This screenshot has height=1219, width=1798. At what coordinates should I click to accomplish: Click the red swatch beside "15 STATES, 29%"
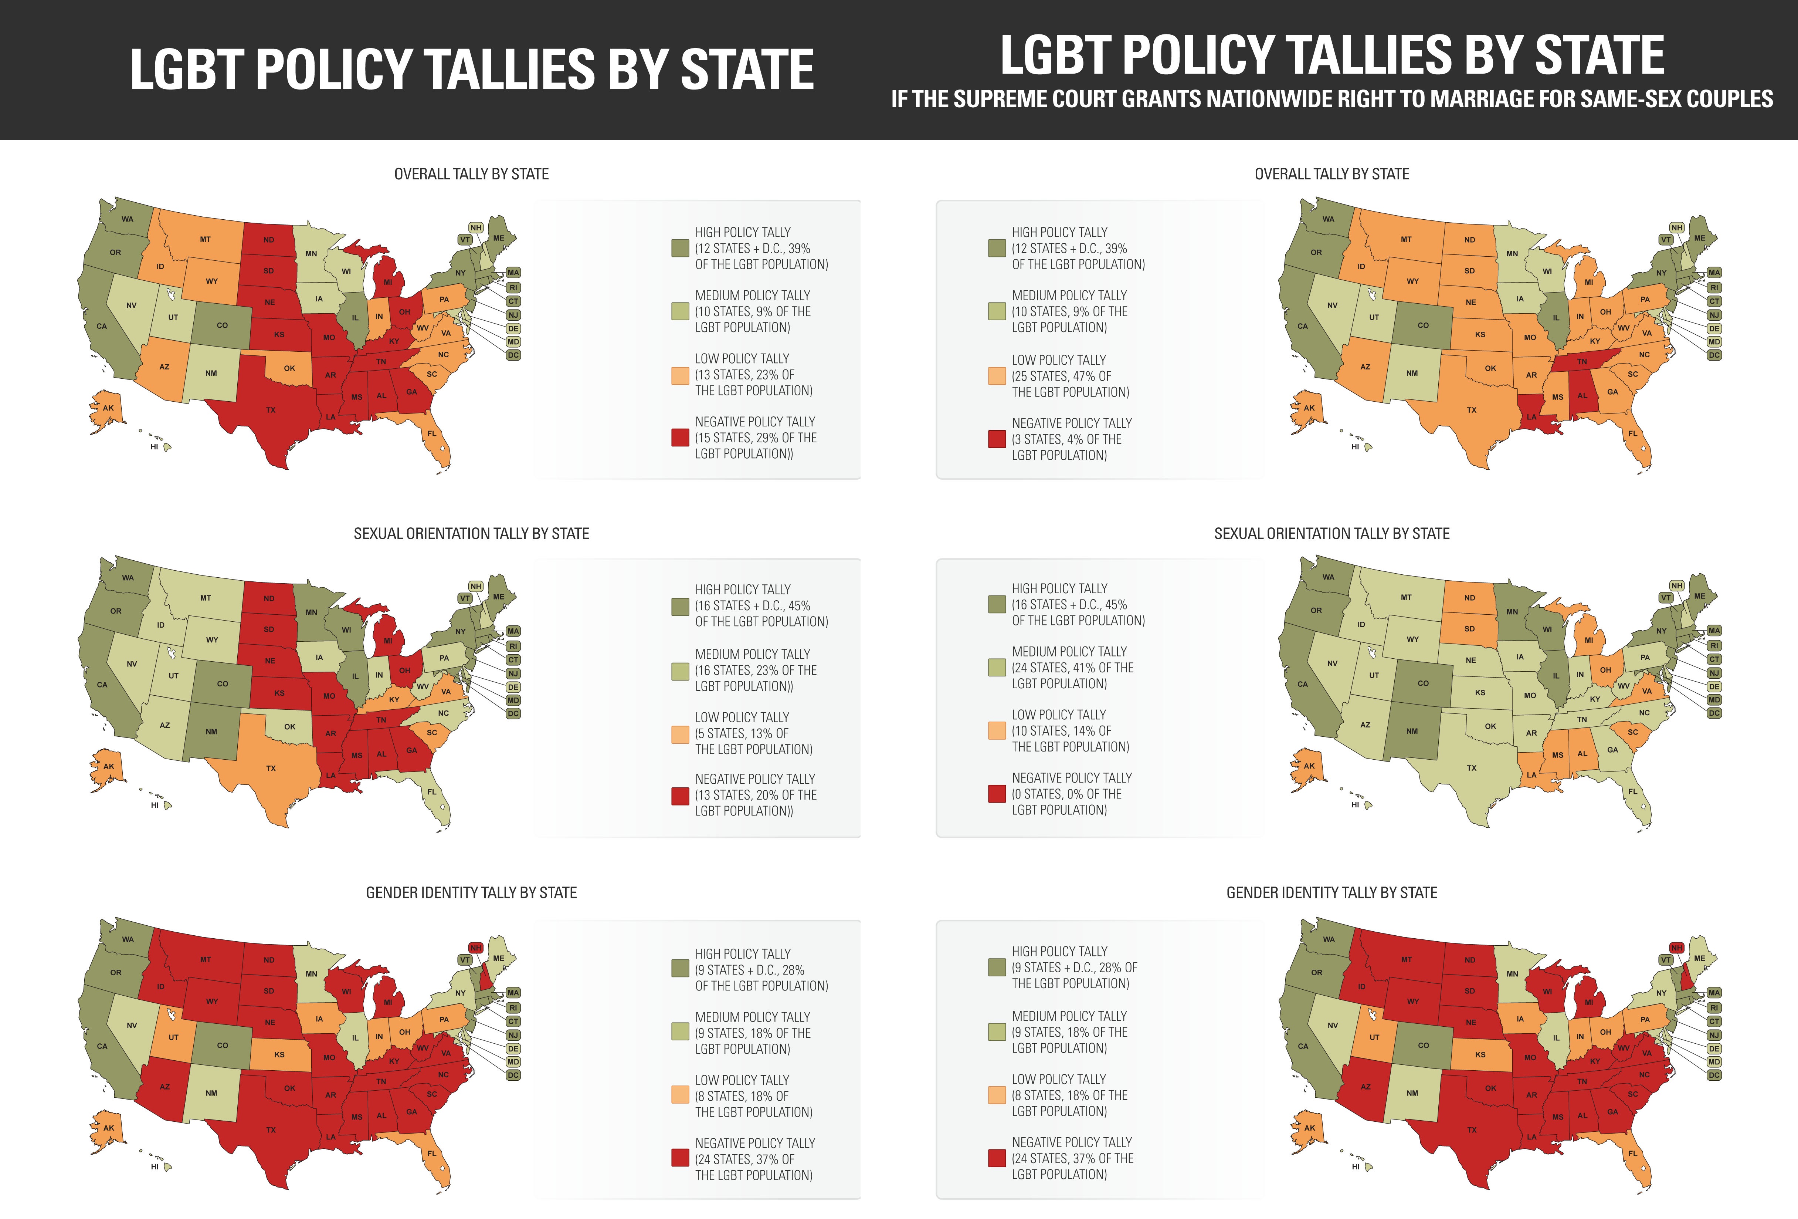point(679,437)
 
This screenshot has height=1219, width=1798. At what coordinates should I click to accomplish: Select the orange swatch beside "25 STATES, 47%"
point(997,376)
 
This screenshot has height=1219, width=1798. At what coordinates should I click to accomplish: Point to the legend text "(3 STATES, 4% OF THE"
point(1066,439)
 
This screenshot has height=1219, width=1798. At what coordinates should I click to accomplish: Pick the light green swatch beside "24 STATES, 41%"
point(997,667)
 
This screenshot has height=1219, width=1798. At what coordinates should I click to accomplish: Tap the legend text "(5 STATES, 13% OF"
point(741,733)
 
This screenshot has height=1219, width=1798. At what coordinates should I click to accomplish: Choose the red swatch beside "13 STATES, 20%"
point(679,795)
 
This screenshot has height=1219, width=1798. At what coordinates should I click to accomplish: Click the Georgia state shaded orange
point(1612,392)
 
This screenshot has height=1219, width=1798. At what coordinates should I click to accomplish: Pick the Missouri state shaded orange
point(1530,337)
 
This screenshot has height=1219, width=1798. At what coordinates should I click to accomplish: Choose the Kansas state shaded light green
point(1479,693)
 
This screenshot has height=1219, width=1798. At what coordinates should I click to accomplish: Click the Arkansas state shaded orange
point(1531,375)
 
